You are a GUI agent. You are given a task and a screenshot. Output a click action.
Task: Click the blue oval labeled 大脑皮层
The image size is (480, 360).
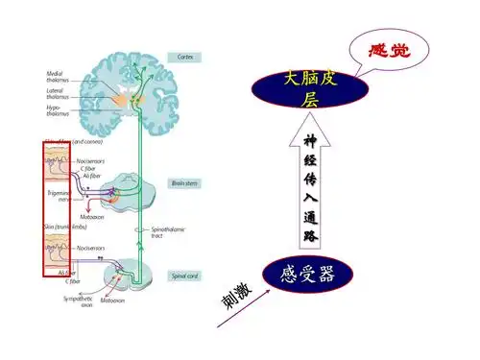coord(309,88)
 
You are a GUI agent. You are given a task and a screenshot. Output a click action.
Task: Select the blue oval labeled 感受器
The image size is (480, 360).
coord(310,275)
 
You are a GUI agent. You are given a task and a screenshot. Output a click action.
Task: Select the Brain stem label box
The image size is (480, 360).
coord(184,181)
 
